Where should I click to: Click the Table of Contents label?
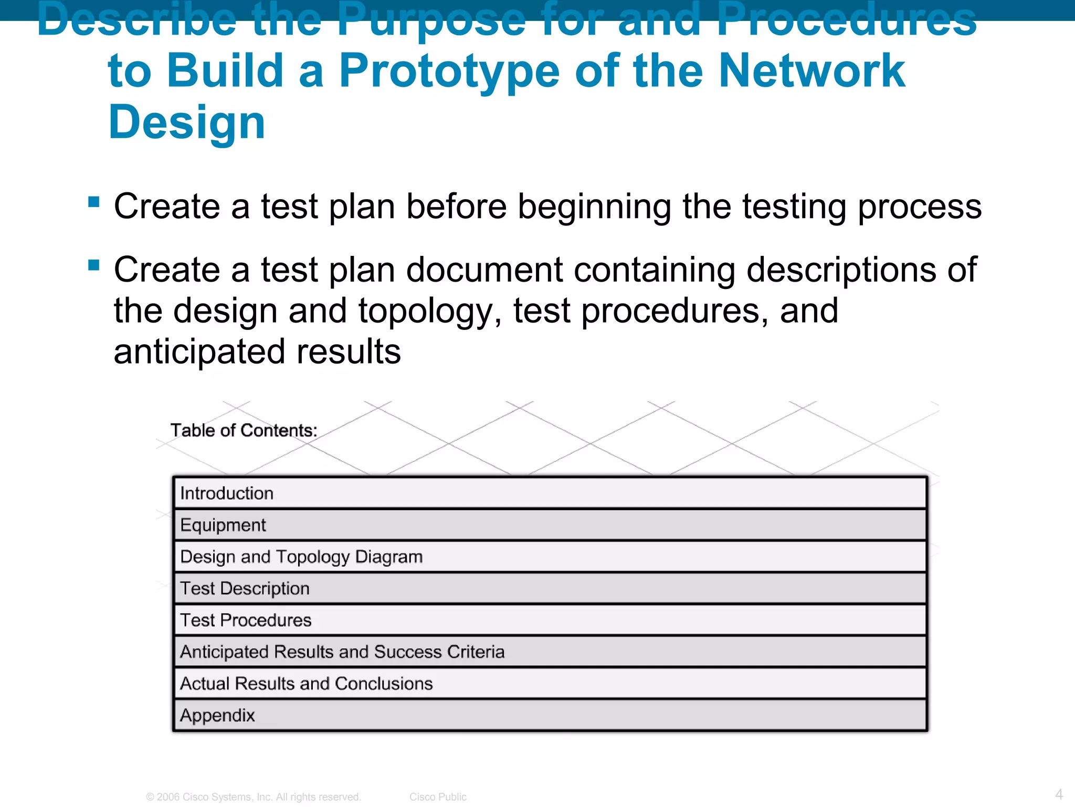244,430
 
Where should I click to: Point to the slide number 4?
1059,794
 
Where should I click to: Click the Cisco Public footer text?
438,796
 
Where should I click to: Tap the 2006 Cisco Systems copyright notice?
254,796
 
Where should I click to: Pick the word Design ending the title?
187,122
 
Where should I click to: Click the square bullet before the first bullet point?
94,202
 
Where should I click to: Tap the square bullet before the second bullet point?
94,265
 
